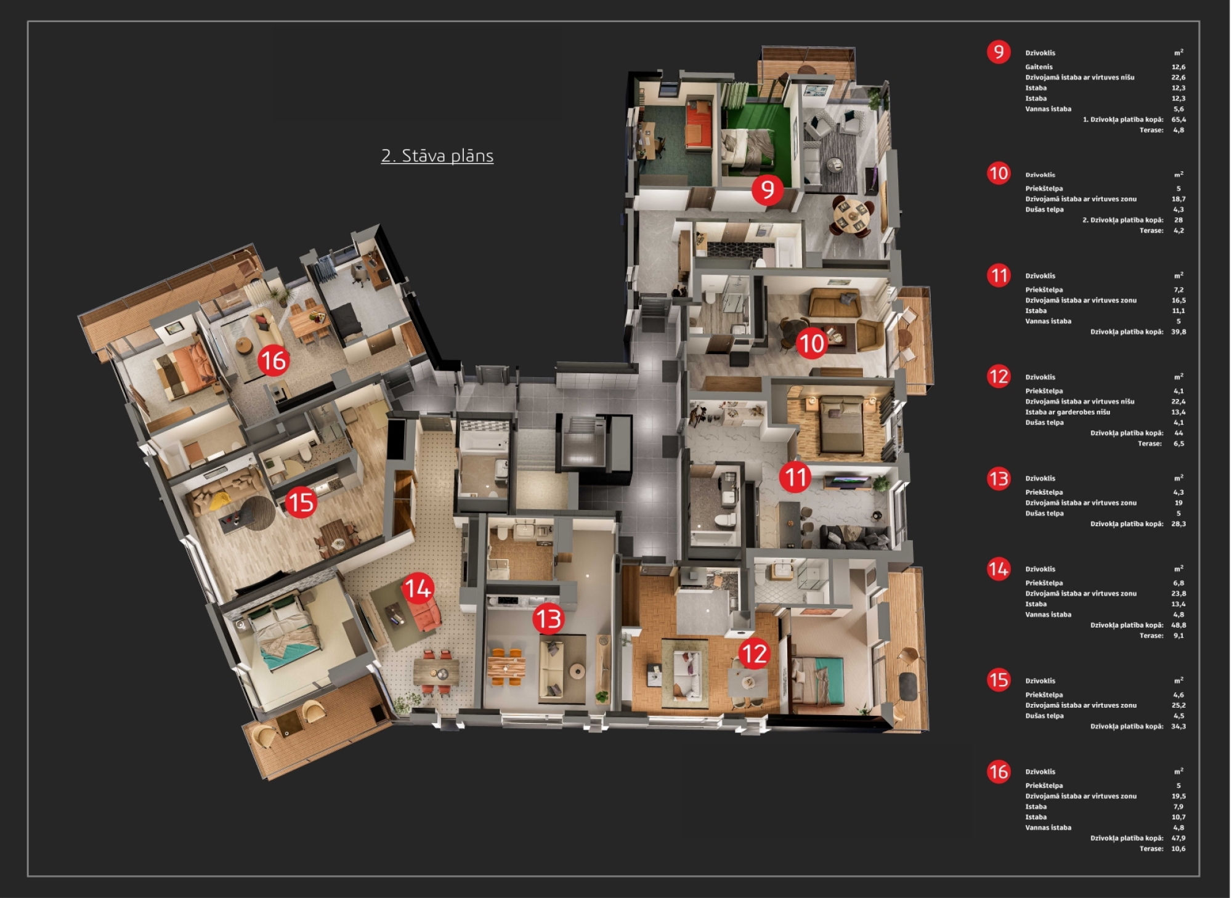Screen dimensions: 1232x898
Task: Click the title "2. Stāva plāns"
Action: coord(437,156)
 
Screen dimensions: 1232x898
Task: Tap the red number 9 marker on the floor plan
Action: coord(767,189)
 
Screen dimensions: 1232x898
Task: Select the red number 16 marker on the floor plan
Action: coord(273,360)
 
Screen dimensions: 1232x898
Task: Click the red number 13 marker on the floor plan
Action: coord(548,618)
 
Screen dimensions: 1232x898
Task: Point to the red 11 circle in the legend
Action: coord(999,275)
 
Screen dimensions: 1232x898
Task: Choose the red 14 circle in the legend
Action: coord(999,568)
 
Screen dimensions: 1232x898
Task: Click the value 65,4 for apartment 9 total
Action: coord(1178,119)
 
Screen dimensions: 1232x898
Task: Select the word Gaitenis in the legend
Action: coord(1039,67)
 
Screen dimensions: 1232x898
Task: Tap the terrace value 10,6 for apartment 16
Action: coord(1178,849)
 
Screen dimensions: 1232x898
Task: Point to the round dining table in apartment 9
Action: coord(853,215)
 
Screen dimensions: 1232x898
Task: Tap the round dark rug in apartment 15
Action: coord(257,513)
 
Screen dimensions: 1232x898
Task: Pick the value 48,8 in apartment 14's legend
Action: coord(1178,625)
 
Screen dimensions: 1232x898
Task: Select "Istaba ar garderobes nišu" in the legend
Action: coord(1068,412)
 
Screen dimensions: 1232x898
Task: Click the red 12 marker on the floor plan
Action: coord(754,653)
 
